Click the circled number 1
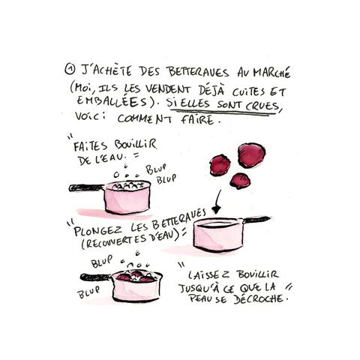(x=70, y=70)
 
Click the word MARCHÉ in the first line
(x=271, y=72)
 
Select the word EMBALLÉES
(x=112, y=101)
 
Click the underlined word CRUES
(x=262, y=106)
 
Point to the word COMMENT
(x=145, y=118)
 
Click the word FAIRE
(x=197, y=119)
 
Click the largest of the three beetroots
(x=251, y=155)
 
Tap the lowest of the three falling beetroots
(x=240, y=181)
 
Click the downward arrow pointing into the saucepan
(x=217, y=202)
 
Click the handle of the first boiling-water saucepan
(x=86, y=187)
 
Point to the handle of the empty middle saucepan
(x=256, y=220)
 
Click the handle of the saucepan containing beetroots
(x=96, y=277)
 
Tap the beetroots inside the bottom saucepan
(x=136, y=276)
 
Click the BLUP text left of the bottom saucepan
(x=88, y=292)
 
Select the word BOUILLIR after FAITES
(x=136, y=145)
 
